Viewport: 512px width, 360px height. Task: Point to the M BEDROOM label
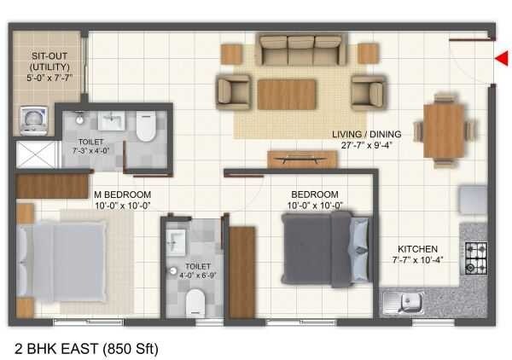[123, 194]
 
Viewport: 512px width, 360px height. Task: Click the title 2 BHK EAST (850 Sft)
[87, 346]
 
